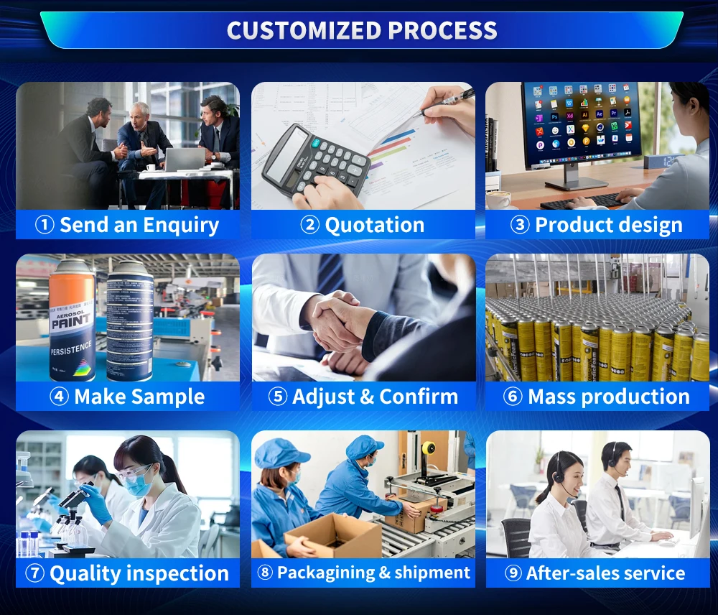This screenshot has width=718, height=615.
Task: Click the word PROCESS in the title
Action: pyautogui.click(x=442, y=31)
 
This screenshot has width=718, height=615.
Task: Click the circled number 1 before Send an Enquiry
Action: pyautogui.click(x=45, y=225)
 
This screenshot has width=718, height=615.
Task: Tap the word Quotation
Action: pyautogui.click(x=375, y=225)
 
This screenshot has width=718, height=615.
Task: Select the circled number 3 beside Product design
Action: pyautogui.click(x=520, y=225)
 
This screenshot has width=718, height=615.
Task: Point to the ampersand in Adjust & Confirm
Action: pyautogui.click(x=367, y=397)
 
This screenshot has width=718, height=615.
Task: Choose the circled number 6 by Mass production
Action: pyautogui.click(x=513, y=397)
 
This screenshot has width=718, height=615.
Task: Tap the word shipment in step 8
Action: pyautogui.click(x=432, y=573)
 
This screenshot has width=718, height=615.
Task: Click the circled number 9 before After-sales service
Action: pyautogui.click(x=513, y=573)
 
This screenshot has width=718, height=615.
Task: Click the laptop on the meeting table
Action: pyautogui.click(x=184, y=159)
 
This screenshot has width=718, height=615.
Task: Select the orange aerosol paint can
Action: pyautogui.click(x=72, y=320)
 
